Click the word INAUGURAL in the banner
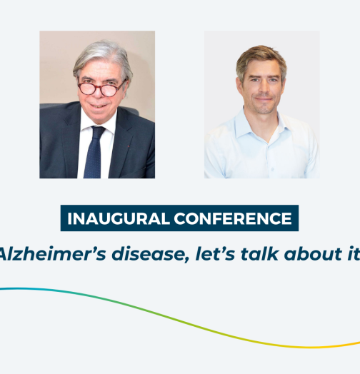pos(118,218)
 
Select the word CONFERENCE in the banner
pos(233,218)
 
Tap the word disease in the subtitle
pos(151,254)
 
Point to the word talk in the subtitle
pos(259,253)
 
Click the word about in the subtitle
pos(313,253)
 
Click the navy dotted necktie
pos(94,152)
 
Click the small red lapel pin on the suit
pos(129,146)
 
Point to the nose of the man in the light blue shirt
pos(263,89)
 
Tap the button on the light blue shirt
pos(272,169)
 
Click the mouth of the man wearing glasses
pos(98,106)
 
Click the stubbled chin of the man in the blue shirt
pos(264,108)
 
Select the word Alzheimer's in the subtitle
pos(52,254)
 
